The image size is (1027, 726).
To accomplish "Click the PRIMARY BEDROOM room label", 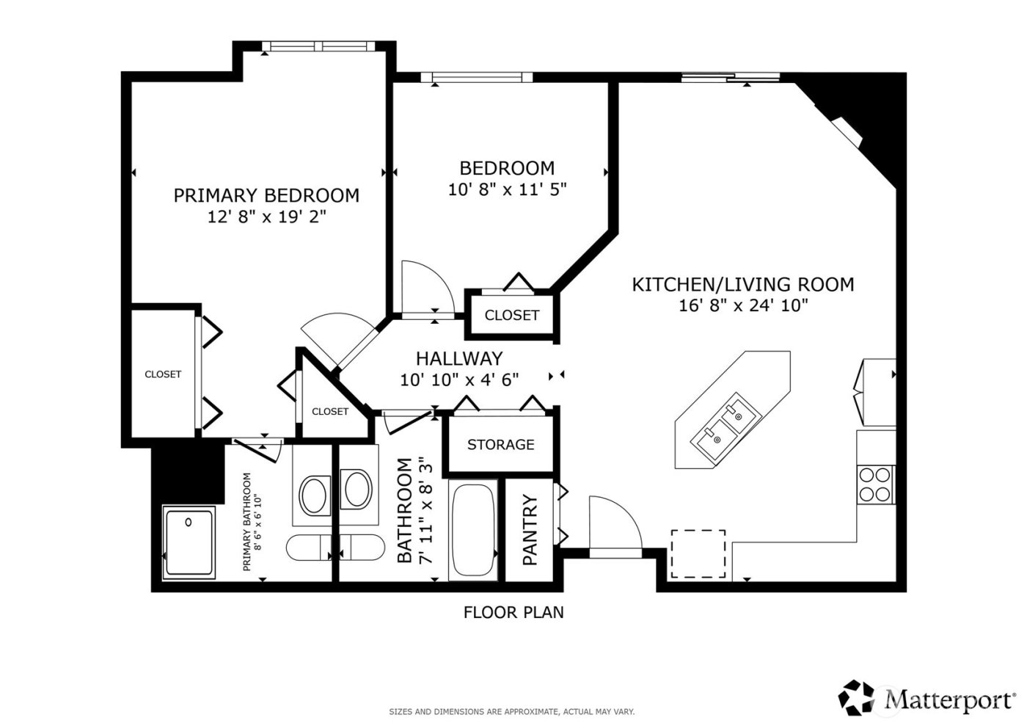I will [266, 195].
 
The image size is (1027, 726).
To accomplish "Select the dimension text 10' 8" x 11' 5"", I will [507, 189].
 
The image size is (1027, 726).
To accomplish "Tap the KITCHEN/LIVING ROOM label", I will [742, 284].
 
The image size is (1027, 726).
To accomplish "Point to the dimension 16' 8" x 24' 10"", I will [742, 305].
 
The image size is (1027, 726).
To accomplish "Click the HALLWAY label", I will [459, 358].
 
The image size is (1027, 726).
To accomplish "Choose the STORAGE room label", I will [500, 444].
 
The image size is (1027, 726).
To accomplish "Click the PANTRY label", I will [530, 529].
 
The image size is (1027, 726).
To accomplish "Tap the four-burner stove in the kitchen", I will [875, 484].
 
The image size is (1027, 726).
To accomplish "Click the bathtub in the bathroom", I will [473, 530].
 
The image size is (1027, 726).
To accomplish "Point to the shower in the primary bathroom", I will [189, 543].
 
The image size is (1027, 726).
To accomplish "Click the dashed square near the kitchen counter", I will [698, 553].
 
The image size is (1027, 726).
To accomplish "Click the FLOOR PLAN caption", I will [513, 611].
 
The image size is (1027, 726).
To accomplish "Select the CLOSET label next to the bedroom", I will [511, 315].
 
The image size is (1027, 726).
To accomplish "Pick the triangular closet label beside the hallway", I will [329, 411].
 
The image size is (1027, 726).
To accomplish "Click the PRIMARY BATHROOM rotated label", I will [252, 522].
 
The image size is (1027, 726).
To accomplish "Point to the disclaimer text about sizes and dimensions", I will [511, 711].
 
